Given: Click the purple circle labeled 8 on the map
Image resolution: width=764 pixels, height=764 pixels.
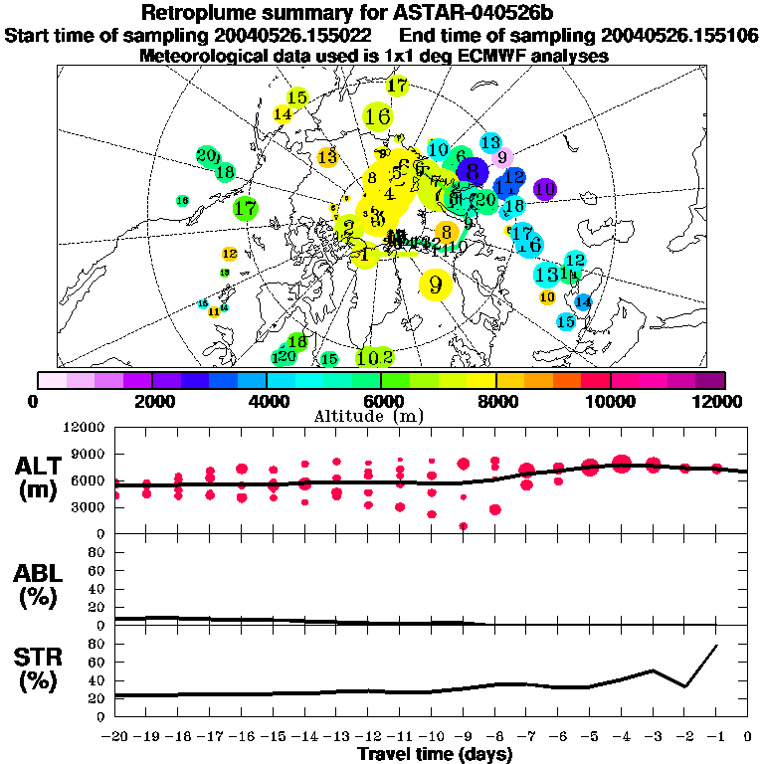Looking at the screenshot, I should click(x=473, y=171).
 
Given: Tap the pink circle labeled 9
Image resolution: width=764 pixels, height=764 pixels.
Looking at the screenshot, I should click(x=502, y=156).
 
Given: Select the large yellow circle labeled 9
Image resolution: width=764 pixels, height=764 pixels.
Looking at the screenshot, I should click(x=435, y=285).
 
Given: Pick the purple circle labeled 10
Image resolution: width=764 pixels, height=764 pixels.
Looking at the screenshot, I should click(x=544, y=189).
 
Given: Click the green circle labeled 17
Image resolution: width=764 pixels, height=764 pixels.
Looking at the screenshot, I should click(x=246, y=209).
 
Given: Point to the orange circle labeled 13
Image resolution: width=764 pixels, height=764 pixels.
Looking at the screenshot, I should click(x=327, y=156).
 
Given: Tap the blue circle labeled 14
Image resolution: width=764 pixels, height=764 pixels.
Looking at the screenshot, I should click(x=583, y=301).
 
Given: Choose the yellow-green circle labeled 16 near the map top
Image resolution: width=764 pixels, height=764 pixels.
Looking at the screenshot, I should click(x=377, y=116).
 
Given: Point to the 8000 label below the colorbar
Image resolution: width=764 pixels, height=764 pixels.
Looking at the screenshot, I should click(x=495, y=401).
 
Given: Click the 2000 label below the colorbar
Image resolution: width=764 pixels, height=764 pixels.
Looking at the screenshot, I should click(x=151, y=401).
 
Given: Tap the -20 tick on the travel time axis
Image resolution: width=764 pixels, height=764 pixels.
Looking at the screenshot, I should click(x=115, y=737).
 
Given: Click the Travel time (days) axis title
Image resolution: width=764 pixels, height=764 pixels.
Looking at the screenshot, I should click(x=435, y=755).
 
